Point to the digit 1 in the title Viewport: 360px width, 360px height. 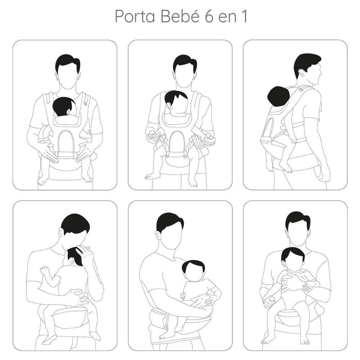244,17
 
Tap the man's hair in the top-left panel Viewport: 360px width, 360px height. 68,62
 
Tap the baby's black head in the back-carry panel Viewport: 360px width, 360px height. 279,96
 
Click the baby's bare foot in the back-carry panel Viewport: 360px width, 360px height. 286,167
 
